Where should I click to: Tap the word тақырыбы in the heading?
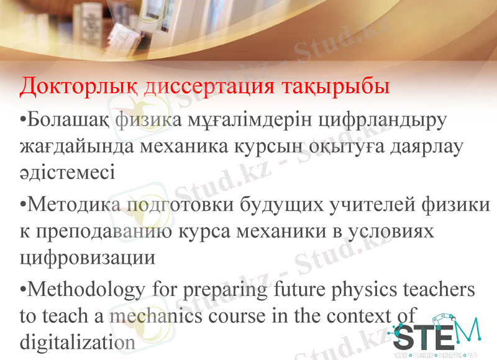tap(329, 86)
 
